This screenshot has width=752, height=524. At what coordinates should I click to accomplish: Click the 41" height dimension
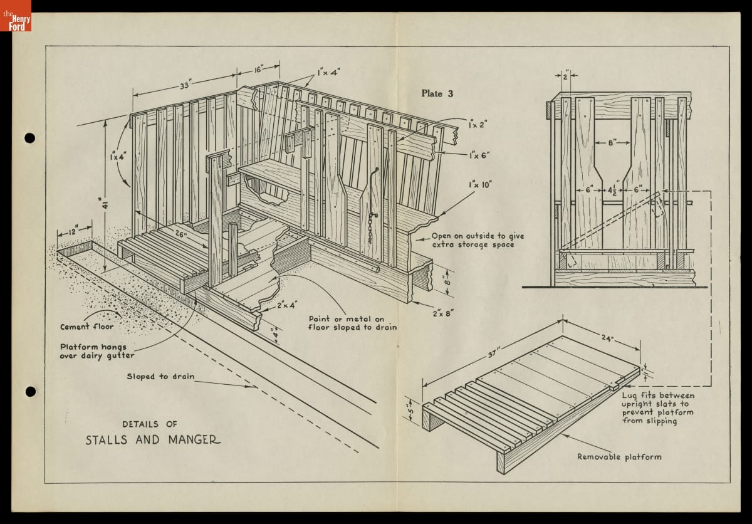tap(107, 204)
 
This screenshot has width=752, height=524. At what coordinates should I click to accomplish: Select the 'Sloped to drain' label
tap(160, 377)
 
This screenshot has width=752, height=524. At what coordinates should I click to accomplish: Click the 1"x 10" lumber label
tap(480, 184)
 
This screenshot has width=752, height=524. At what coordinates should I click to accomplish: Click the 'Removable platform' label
tap(619, 456)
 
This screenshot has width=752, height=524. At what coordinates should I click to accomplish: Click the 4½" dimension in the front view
tap(612, 190)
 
